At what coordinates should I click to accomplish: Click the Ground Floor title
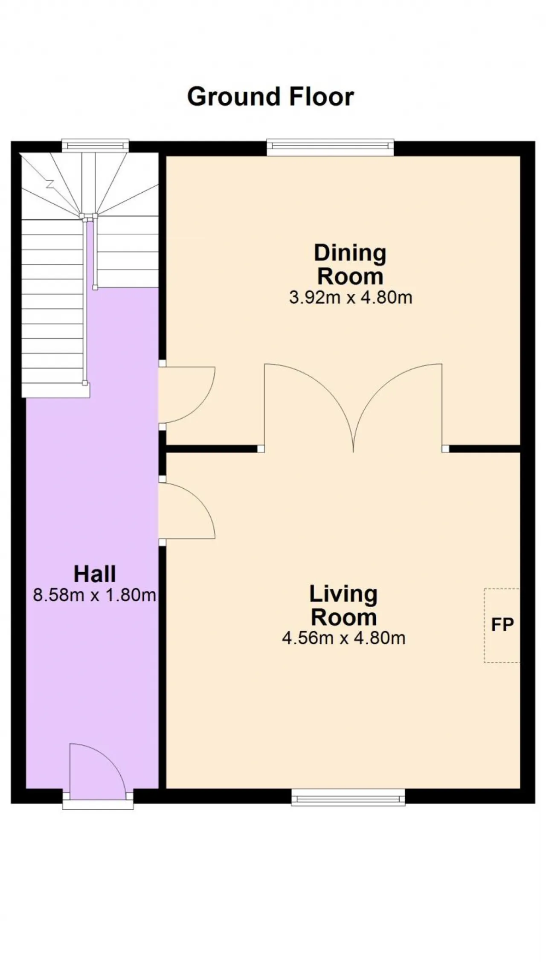pos(270,97)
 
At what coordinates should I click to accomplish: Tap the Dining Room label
pos(350,264)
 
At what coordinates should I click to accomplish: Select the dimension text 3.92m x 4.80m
pos(351,297)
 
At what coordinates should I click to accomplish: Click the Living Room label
pos(343,606)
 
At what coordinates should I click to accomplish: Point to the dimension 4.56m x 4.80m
pos(343,638)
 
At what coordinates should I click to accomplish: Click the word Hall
pos(95,574)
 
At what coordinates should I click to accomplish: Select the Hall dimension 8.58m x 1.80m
pos(94,595)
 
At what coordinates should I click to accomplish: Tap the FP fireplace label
pos(502,625)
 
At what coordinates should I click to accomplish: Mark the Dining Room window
pos(331,148)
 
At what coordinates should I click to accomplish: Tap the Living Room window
pos(348,797)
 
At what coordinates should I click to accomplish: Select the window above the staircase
pos(95,145)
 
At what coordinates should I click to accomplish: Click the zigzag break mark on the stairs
pos(50,184)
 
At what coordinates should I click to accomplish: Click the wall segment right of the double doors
pos(485,449)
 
